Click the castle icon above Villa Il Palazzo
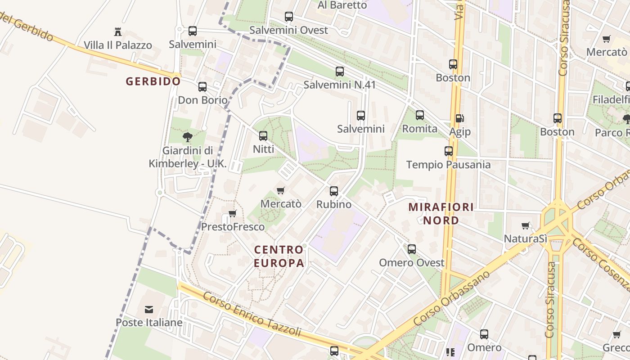click(118, 31)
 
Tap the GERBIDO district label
click(153, 81)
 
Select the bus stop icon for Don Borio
click(202, 87)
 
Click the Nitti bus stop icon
click(263, 135)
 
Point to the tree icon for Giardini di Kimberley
click(188, 137)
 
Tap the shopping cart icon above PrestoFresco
click(232, 213)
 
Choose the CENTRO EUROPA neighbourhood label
click(279, 256)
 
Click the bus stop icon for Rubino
click(334, 191)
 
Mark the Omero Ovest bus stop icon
click(412, 249)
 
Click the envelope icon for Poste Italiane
click(149, 310)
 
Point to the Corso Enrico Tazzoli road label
click(252, 315)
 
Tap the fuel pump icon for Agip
click(459, 118)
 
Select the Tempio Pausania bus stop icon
click(449, 151)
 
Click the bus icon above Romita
click(420, 115)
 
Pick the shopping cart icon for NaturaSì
click(525, 225)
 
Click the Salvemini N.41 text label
click(339, 85)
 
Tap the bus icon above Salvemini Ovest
click(289, 17)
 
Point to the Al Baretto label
click(342, 5)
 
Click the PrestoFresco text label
click(233, 227)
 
